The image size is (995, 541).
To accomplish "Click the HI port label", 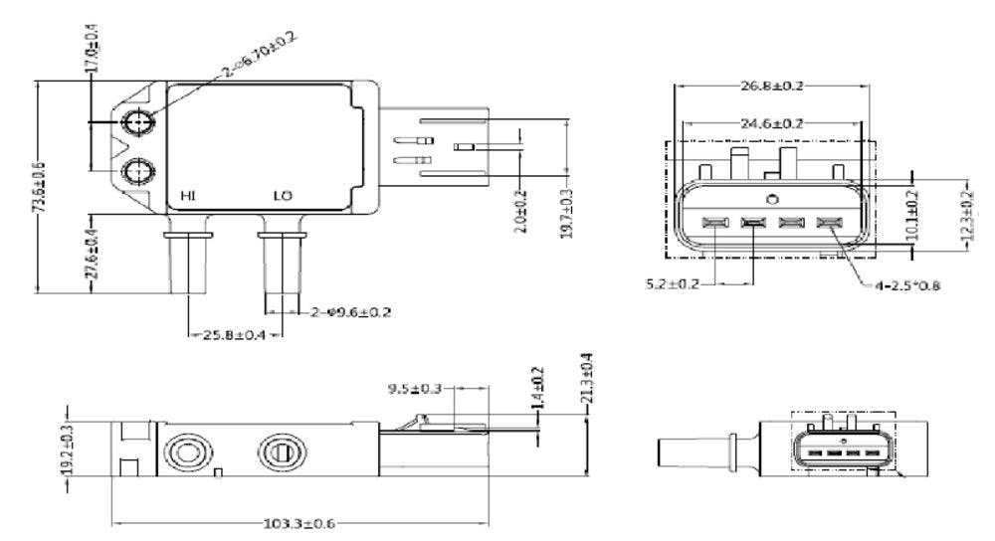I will pyautogui.click(x=187, y=196).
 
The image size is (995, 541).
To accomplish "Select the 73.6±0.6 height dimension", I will pyautogui.click(x=39, y=186).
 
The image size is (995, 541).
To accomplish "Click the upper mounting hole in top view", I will pyautogui.click(x=138, y=122).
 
